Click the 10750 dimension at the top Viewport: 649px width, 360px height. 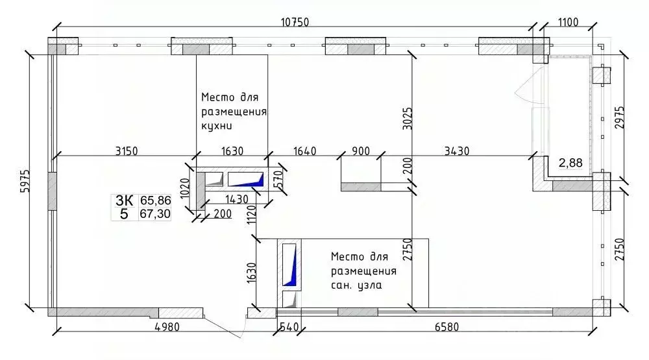click(x=295, y=22)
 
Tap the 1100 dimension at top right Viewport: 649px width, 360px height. click(x=567, y=22)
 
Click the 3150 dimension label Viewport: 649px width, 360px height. click(x=127, y=151)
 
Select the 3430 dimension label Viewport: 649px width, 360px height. click(x=457, y=151)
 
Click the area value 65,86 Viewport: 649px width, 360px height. click(x=155, y=201)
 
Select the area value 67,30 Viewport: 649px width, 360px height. click(x=155, y=214)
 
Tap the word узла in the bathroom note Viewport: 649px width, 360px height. click(x=367, y=285)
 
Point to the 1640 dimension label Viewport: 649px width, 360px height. click(x=304, y=151)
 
